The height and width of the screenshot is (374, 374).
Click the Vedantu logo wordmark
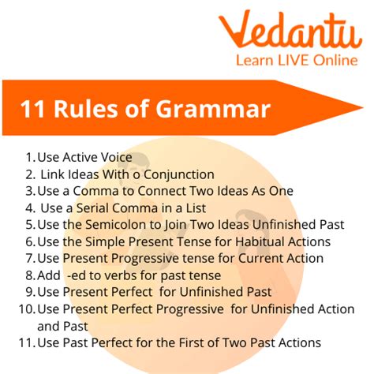[290, 29]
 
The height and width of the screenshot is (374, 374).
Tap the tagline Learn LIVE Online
[297, 60]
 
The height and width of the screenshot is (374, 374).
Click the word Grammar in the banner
[213, 109]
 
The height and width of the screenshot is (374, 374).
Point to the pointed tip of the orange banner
[363, 107]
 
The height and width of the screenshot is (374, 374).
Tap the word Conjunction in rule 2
[179, 174]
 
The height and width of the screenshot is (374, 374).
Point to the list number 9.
[30, 292]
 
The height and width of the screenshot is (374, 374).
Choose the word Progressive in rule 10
[190, 309]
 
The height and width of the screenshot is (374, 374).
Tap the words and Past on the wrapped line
[62, 327]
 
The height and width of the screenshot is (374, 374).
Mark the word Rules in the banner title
[86, 109]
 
